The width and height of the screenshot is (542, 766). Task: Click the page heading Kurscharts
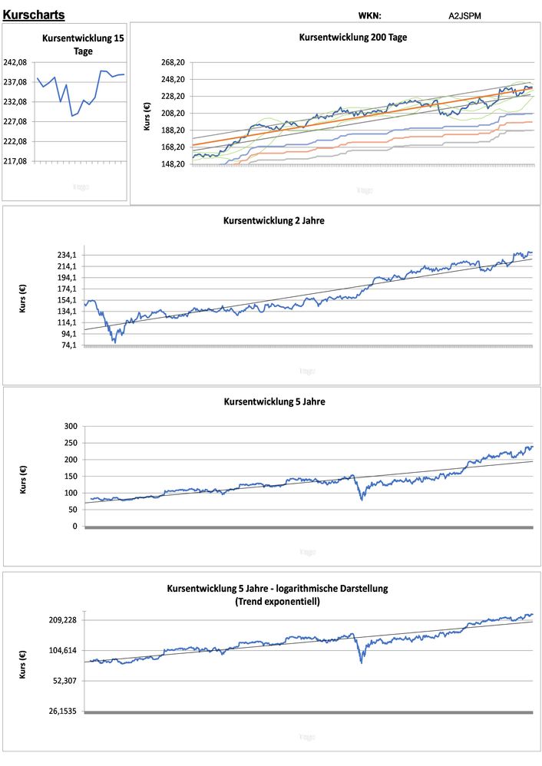(x=33, y=15)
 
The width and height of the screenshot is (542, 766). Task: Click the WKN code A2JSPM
(x=465, y=15)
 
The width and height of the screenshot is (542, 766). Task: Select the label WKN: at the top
(x=369, y=15)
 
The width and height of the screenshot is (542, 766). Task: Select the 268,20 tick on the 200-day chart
(x=173, y=63)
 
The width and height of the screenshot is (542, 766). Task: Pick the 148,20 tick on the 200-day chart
(x=173, y=164)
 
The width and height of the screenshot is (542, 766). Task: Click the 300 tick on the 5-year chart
(x=71, y=426)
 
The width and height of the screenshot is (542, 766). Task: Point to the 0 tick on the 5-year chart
(x=74, y=527)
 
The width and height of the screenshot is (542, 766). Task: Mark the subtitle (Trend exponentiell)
(x=277, y=602)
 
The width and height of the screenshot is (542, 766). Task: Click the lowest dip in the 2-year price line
(x=115, y=342)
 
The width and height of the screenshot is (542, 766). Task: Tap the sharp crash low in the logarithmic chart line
(x=361, y=662)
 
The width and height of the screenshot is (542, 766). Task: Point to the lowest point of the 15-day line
(x=72, y=116)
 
